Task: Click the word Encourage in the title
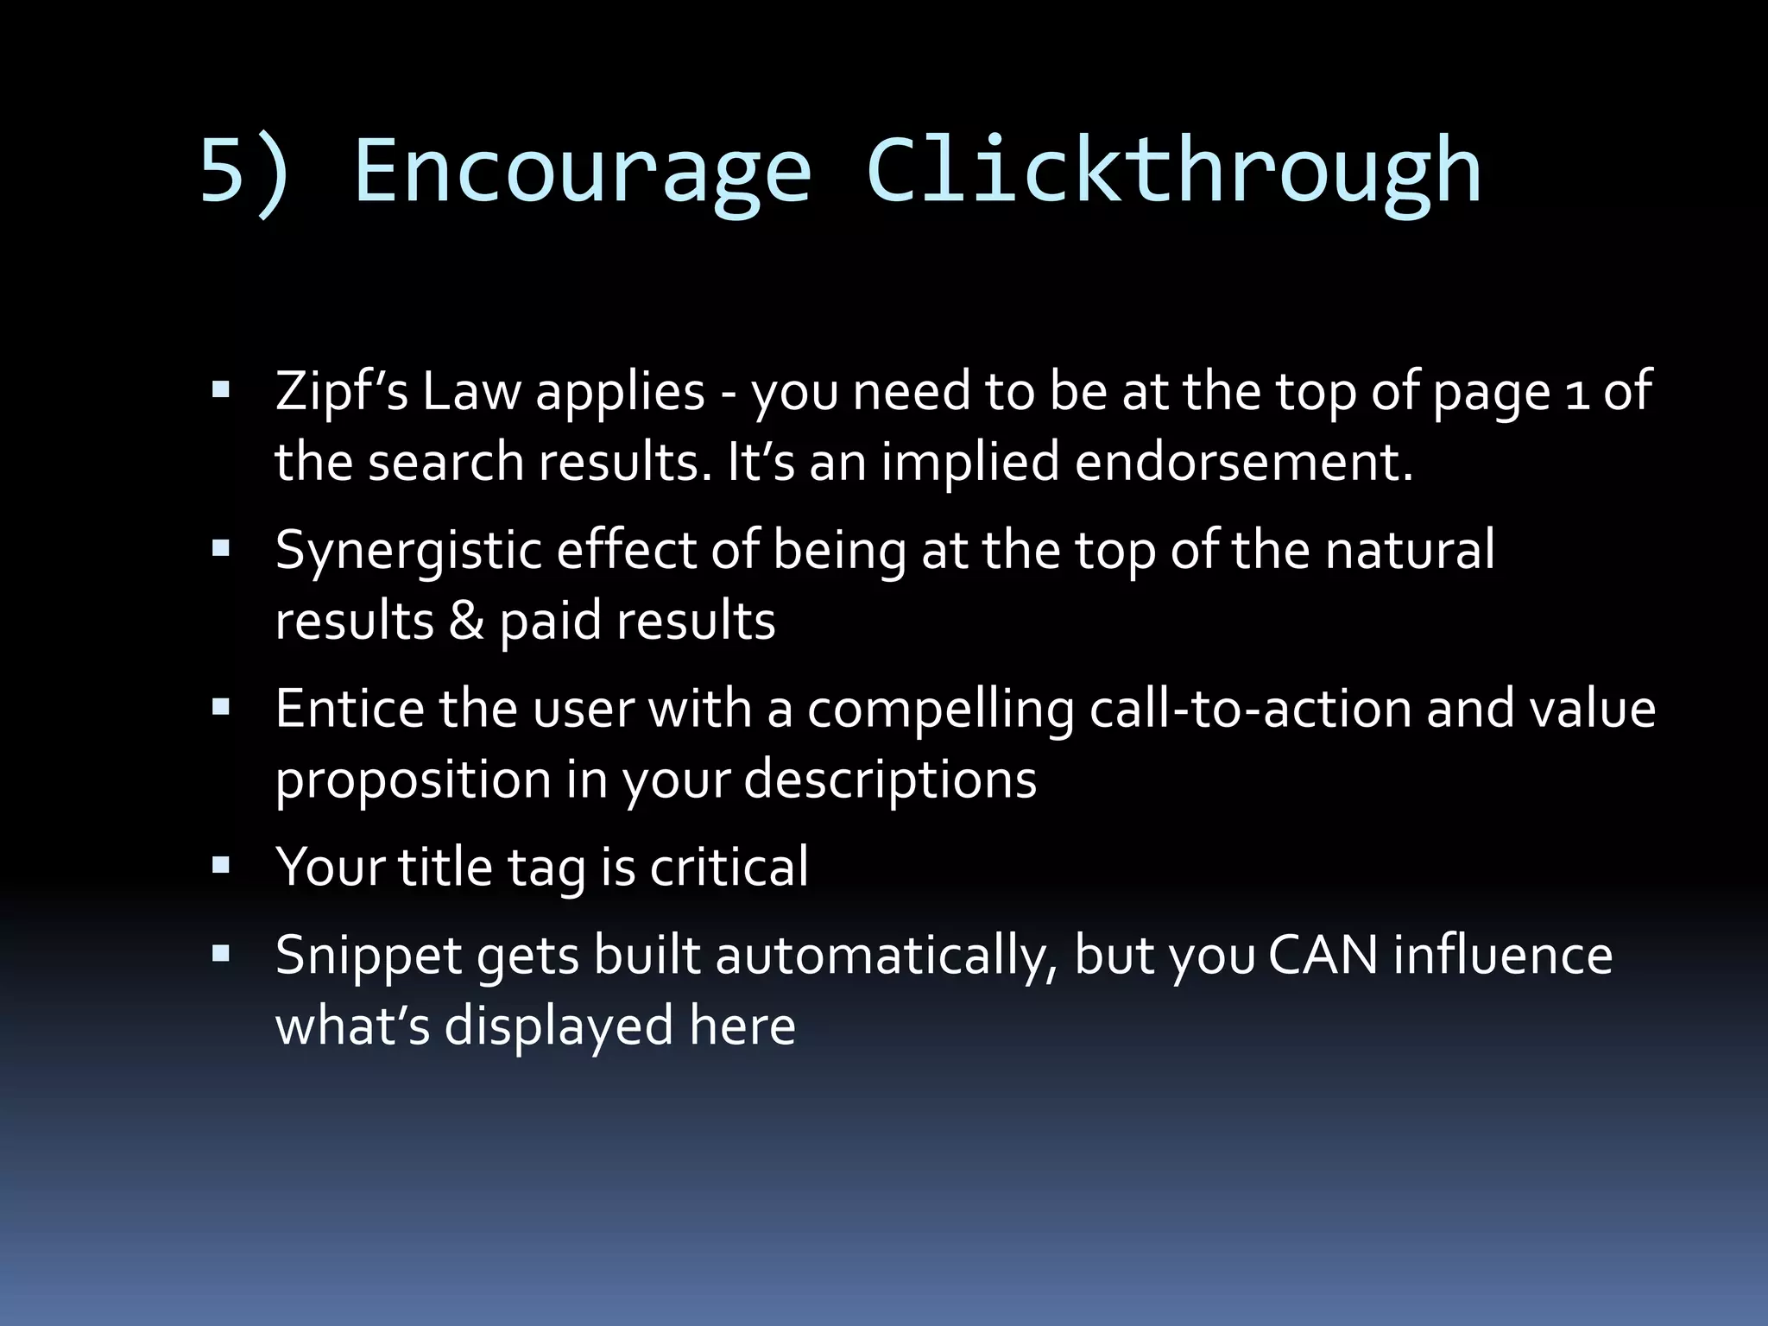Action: coord(583,172)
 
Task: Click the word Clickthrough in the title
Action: coord(1173,172)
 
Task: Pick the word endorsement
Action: coord(1243,462)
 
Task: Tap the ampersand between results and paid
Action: coord(466,621)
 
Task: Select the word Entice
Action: coord(350,709)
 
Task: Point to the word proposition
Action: coord(413,780)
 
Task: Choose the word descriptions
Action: coord(890,780)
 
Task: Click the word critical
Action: coord(729,867)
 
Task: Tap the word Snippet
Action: coord(369,956)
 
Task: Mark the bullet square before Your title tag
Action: coord(221,866)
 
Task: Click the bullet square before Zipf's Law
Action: coord(221,390)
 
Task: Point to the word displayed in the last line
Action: coord(559,1026)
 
